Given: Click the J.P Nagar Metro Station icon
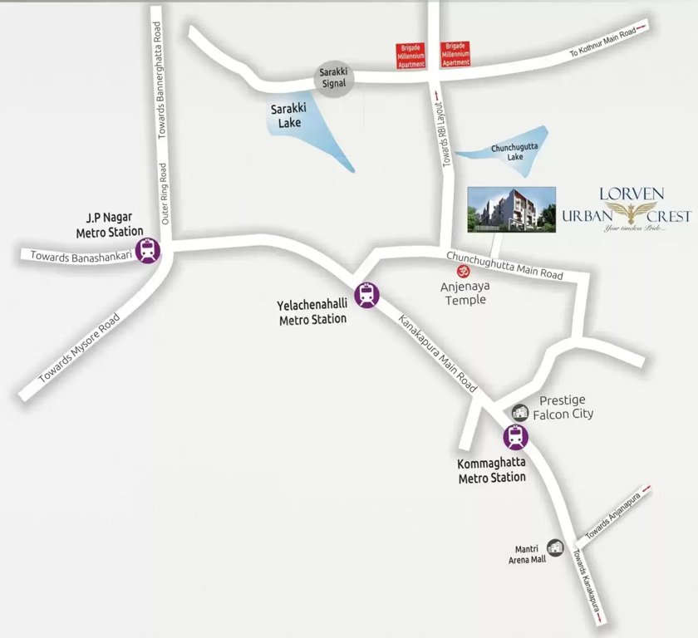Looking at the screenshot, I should [150, 250].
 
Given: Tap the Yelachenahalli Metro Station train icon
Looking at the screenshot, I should [366, 294].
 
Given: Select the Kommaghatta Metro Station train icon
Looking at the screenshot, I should [515, 437].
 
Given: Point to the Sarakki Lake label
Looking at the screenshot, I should [285, 115].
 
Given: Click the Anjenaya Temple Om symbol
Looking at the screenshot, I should [455, 270].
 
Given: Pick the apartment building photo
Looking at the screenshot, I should [511, 209].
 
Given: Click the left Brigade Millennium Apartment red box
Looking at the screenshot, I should [410, 54].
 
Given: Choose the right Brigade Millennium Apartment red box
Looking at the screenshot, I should [456, 54].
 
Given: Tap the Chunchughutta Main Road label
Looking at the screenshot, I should [504, 265].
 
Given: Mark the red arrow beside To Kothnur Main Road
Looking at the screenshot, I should [643, 30].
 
